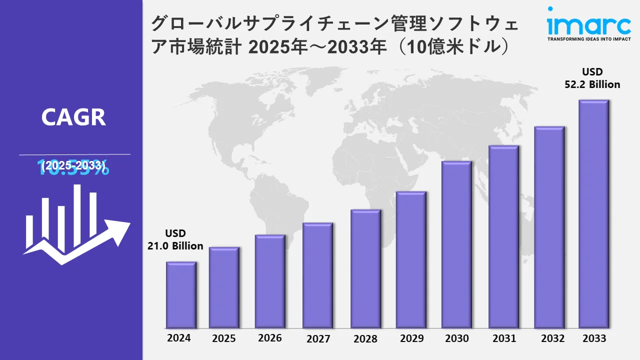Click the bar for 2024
click(181, 295)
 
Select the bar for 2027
click(317, 275)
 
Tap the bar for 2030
click(456, 244)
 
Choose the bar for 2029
click(411, 260)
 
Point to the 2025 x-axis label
click(223, 338)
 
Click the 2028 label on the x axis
click(365, 338)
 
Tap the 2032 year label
click(553, 338)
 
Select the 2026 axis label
click(270, 338)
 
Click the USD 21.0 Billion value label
click(175, 239)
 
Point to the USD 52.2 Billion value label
click(592, 78)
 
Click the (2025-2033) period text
click(73, 165)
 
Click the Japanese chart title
click(335, 35)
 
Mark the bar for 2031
click(503, 237)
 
